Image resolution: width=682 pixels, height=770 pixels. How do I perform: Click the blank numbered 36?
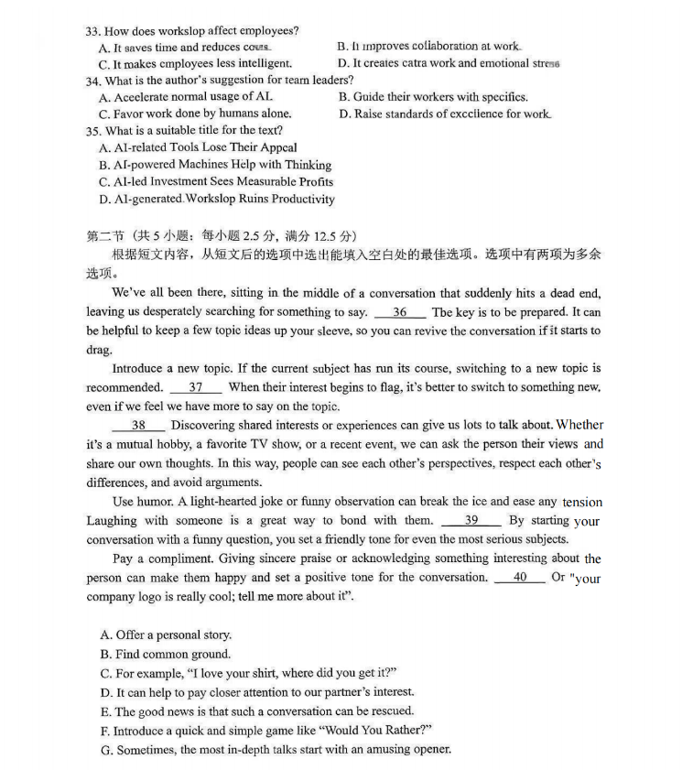coord(400,312)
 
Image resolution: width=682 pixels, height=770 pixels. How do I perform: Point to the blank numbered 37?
coord(195,387)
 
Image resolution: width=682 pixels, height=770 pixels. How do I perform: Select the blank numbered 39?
coord(471,520)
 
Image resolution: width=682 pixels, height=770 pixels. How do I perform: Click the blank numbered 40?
coord(520,577)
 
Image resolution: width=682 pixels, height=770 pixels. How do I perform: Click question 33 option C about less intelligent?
coord(195,64)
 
